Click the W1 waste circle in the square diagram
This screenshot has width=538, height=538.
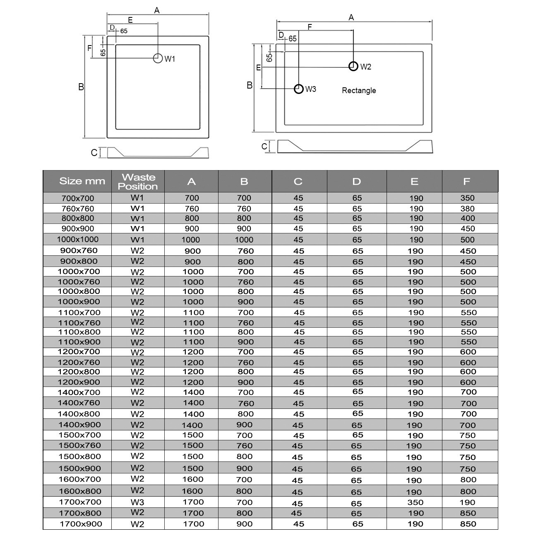(x=158, y=58)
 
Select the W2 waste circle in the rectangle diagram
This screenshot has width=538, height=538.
(x=353, y=66)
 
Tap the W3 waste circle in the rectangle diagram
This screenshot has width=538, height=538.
(x=299, y=89)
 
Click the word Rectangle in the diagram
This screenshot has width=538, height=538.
(x=359, y=91)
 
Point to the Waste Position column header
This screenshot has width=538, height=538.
(x=138, y=182)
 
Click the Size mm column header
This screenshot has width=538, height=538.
(x=82, y=181)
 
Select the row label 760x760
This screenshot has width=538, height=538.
(x=78, y=209)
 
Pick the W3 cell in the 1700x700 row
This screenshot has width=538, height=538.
(x=137, y=502)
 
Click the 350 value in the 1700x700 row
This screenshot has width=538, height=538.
(x=415, y=502)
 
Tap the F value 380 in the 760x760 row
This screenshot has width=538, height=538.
(x=467, y=209)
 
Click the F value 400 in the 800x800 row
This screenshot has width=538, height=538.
(x=468, y=219)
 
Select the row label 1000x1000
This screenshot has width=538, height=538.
(x=78, y=239)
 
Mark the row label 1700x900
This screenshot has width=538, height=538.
(x=81, y=524)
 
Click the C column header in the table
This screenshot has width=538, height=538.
(x=298, y=182)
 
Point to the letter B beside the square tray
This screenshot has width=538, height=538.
(x=81, y=87)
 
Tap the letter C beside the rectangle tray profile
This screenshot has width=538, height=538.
(x=264, y=147)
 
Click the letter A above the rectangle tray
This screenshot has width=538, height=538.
(x=351, y=17)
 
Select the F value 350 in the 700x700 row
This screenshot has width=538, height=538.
(x=467, y=198)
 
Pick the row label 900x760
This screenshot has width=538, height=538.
(x=79, y=250)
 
